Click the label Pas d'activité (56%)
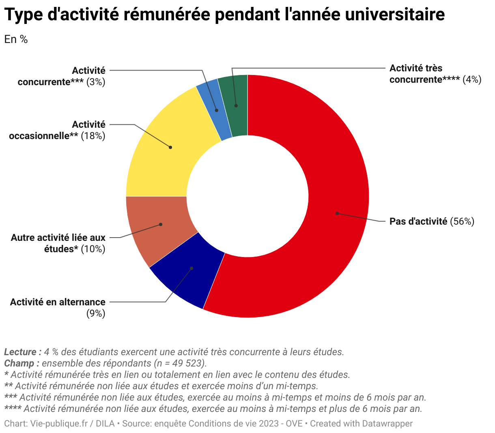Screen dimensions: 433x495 [431, 221]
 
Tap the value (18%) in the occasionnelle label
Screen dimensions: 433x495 [93, 136]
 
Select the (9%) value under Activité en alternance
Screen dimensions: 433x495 [96, 313]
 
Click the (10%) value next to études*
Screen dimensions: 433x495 [93, 249]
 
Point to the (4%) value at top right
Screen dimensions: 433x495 [472, 79]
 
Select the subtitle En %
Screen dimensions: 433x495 [16, 39]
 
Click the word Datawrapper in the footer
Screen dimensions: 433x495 [387, 424]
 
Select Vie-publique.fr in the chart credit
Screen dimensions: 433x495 [59, 424]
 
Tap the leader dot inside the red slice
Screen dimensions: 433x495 [337, 213]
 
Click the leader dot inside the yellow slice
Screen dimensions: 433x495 [170, 147]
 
